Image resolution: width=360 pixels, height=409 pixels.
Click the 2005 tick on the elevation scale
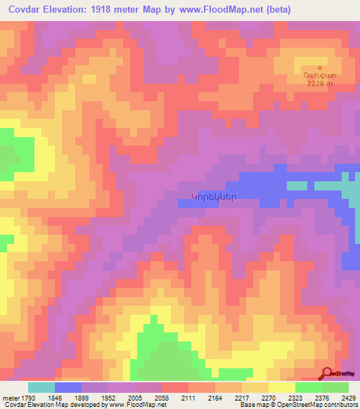(135, 398)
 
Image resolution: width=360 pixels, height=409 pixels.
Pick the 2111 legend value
(188, 398)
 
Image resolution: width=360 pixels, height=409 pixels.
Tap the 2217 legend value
(242, 398)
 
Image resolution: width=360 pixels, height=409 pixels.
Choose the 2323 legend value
(295, 398)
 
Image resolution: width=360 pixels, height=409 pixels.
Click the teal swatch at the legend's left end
(41, 387)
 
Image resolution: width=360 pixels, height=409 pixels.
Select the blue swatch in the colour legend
(67, 387)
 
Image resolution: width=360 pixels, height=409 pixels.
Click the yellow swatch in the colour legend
(281, 387)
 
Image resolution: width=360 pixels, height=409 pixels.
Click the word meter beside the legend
(9, 398)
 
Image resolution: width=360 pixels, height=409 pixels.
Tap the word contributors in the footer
(340, 405)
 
